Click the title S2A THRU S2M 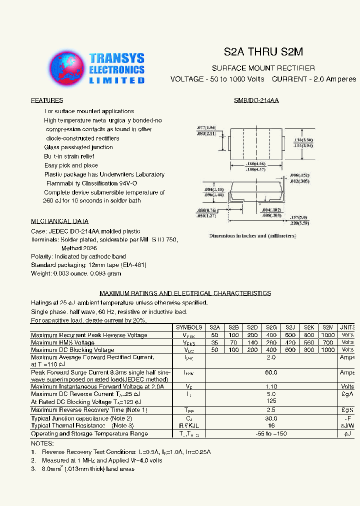pos(263,52)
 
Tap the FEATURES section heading pos(47,100)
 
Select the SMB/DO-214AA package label pos(256,100)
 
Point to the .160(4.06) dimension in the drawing pos(255,164)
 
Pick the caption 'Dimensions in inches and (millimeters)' pos(252,235)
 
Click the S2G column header pos(271,327)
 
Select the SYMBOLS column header pos(188,327)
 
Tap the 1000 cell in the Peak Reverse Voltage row pos(327,335)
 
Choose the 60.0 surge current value pos(271,372)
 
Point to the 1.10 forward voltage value pos(271,386)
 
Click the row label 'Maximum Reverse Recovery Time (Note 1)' pos(89,410)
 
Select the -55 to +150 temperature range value pos(271,433)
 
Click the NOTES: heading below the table pos(42,443)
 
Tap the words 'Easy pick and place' pos(71,165)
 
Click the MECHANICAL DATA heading pos(60,221)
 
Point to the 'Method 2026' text pos(79,248)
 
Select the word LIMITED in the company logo pos(117,80)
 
